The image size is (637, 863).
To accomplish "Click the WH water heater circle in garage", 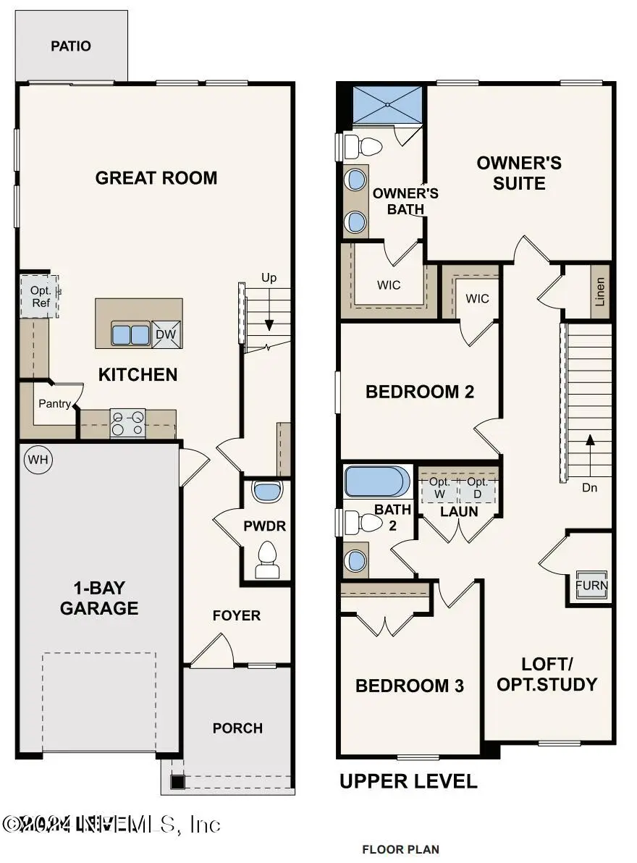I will [x=34, y=459].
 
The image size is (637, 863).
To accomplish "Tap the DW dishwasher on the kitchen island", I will [x=166, y=334].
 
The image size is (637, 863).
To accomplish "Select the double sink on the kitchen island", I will [x=130, y=334].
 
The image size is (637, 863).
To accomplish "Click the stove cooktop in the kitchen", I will [x=127, y=424].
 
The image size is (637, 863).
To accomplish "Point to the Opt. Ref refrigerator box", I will [x=41, y=297].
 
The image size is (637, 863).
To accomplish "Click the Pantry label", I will [x=54, y=404].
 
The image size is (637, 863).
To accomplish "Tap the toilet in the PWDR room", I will [x=267, y=560].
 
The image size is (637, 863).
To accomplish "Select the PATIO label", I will [x=71, y=46].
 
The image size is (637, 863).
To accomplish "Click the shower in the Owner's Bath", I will [x=387, y=104].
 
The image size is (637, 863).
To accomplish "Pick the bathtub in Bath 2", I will [x=376, y=481].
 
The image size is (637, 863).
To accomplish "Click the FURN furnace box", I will [x=591, y=585].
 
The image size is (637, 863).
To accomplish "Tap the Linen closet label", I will [x=600, y=292].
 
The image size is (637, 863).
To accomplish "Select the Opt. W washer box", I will [x=440, y=488].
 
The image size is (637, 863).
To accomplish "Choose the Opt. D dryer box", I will [x=478, y=488].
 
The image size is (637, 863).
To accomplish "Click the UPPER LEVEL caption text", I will [x=408, y=782].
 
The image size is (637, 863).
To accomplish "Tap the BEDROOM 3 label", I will [x=409, y=686].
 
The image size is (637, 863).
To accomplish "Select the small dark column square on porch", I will [x=176, y=782].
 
